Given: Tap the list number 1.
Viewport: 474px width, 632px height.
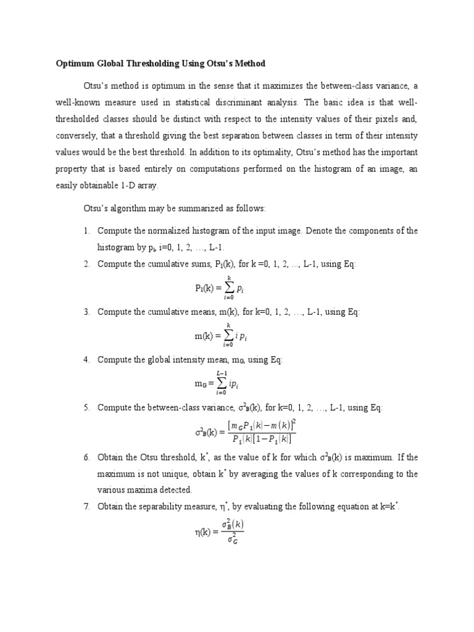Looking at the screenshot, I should pyautogui.click(x=86, y=231).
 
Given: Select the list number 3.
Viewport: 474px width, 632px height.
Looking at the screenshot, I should pyautogui.click(x=86, y=312).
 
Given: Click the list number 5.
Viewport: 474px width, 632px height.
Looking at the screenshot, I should pyautogui.click(x=86, y=407).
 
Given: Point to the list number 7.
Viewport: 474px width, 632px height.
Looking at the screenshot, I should pyautogui.click(x=86, y=507).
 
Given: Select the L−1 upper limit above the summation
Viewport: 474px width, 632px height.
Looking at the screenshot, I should pyautogui.click(x=222, y=373).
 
